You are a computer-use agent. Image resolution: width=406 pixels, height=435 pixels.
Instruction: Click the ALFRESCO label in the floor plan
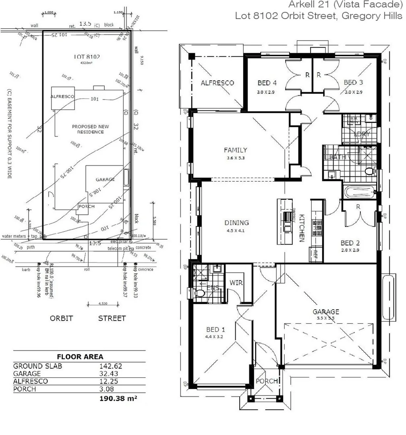coord(217,83)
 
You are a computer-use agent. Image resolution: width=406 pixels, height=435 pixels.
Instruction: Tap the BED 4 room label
coord(267,83)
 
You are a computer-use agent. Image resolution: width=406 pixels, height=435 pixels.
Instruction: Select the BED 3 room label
coord(353,83)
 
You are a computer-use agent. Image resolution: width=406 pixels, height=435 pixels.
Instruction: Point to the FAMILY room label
coord(235,150)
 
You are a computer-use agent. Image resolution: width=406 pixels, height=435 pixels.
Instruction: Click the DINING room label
coord(236,223)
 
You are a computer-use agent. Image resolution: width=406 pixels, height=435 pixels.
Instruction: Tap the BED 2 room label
coord(350,243)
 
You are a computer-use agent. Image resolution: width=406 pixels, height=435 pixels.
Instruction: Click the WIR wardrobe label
coord(236,283)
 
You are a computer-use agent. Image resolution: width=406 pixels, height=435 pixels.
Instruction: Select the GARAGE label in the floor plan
coord(326,311)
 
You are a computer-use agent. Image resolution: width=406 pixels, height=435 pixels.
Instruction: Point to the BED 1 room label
coord(215,329)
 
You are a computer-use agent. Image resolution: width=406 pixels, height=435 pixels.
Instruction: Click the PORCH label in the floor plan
coord(267,381)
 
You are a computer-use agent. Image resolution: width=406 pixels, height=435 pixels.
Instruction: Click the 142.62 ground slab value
coord(110,366)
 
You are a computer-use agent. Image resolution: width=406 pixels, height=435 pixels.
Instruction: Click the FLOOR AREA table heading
coord(80,356)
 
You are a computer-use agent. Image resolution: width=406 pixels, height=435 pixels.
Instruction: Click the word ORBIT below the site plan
coord(61,318)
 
